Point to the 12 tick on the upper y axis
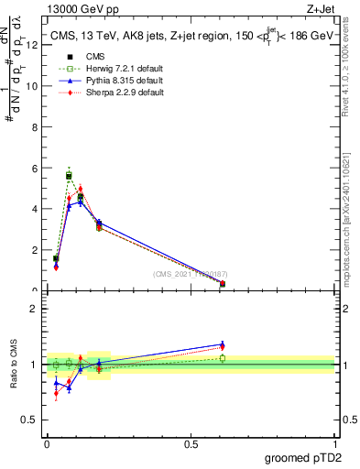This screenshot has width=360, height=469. point(33,45)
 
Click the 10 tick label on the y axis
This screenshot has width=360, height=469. point(33,86)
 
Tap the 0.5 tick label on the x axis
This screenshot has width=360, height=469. point(191,444)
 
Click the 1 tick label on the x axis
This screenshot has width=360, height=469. point(333,444)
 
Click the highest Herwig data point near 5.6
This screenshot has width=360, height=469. point(69,175)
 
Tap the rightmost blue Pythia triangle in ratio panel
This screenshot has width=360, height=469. point(223,344)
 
